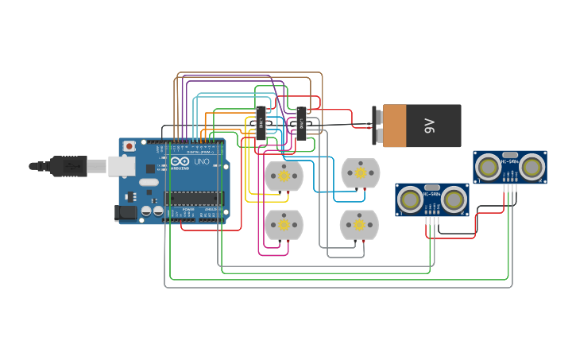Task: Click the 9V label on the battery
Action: [430, 126]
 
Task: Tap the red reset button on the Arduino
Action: [130, 146]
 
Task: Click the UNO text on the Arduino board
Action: [202, 161]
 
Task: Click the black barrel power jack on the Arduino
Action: [126, 212]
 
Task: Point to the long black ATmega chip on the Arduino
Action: [194, 198]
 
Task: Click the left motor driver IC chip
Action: [260, 123]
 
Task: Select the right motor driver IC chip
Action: [301, 123]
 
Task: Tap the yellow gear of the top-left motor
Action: [284, 176]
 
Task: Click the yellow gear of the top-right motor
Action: [360, 172]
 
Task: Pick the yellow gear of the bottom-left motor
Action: [284, 225]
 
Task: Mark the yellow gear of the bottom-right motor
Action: [359, 225]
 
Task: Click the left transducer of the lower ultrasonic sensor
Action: [410, 200]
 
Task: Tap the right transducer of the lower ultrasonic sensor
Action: [454, 200]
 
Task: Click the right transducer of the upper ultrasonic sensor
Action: [532, 167]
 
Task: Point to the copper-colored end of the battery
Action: [394, 126]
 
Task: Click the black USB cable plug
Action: [68, 166]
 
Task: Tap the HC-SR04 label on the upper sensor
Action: [510, 162]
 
